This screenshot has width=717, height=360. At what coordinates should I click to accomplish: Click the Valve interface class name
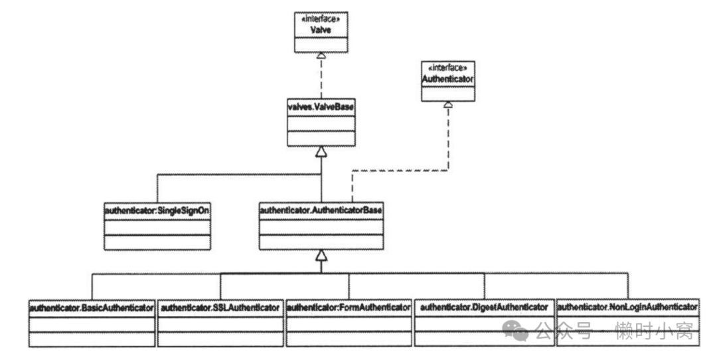(x=321, y=30)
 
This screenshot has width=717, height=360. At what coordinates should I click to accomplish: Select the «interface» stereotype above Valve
(x=321, y=20)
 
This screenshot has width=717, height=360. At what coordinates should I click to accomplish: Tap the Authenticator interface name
(x=447, y=79)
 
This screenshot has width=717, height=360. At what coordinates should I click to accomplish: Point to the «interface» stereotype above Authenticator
(x=447, y=68)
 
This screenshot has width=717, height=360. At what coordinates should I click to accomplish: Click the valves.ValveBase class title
(x=321, y=107)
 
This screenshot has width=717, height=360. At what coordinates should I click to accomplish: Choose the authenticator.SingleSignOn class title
(x=157, y=211)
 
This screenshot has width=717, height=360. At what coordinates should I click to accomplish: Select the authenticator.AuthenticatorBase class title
(x=321, y=211)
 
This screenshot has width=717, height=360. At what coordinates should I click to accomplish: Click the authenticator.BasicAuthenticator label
(x=92, y=308)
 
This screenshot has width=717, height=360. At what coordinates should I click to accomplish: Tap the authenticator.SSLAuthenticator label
(x=220, y=308)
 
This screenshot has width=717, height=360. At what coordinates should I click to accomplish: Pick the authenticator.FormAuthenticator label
(x=349, y=308)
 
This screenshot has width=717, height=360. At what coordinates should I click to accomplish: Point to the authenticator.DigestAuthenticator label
(x=484, y=307)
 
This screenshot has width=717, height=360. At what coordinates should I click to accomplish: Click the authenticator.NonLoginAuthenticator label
(x=627, y=307)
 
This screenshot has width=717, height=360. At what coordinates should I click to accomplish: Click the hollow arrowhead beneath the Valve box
(x=321, y=55)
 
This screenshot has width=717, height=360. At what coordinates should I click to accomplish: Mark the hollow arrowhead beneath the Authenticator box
(x=448, y=105)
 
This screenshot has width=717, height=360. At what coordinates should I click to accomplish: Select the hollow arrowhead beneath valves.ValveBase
(x=321, y=152)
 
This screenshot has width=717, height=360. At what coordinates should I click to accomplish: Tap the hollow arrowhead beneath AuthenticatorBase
(x=321, y=255)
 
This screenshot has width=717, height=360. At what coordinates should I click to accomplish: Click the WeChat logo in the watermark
(x=515, y=330)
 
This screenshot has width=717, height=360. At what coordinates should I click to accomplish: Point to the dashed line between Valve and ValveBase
(x=321, y=78)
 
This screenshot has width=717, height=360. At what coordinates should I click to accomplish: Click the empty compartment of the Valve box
(x=321, y=45)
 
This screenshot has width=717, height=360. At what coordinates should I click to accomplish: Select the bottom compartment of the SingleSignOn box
(x=157, y=242)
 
